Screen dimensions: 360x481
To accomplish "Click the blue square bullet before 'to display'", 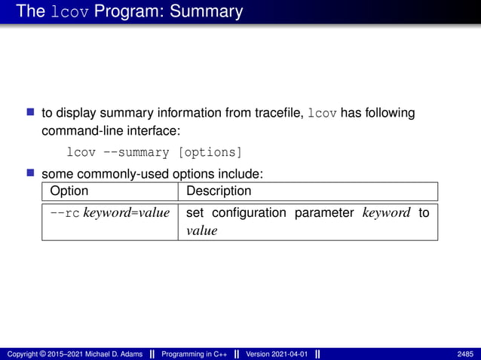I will click(x=31, y=112).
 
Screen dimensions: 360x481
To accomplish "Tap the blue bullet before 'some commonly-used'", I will click(x=31, y=173).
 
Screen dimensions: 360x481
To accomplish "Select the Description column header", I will click(x=218, y=191).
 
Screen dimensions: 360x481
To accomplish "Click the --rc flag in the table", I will click(x=64, y=213).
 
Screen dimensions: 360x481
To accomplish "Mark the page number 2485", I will click(x=465, y=354).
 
